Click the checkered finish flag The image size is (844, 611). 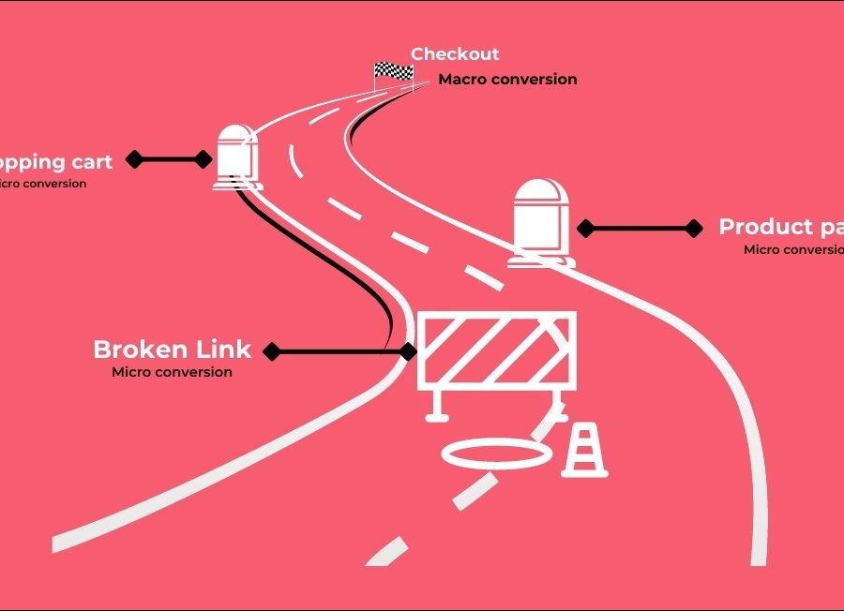(394, 71)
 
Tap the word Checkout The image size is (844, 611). (455, 54)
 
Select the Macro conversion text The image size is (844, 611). (507, 80)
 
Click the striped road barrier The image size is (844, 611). (496, 349)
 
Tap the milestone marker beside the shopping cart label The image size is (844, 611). (236, 157)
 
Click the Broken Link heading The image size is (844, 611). (172, 350)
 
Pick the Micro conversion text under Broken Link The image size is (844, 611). (172, 372)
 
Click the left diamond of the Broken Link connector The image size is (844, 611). (272, 351)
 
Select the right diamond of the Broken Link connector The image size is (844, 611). (408, 351)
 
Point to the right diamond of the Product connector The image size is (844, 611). (694, 228)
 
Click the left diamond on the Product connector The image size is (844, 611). (585, 228)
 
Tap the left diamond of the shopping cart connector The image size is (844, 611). (135, 159)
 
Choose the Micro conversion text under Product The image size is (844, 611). (792, 249)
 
